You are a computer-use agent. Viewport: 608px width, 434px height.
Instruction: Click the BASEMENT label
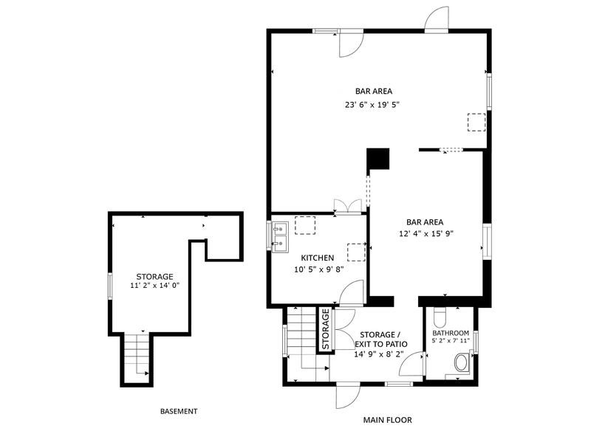179,411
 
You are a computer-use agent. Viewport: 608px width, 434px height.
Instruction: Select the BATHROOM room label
450,333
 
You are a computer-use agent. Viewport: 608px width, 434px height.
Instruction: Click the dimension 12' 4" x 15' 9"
426,233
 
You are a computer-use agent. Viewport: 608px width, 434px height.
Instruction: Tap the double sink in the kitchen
280,236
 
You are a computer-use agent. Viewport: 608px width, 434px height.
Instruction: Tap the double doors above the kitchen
347,206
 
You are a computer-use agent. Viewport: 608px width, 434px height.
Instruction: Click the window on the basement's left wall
110,286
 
